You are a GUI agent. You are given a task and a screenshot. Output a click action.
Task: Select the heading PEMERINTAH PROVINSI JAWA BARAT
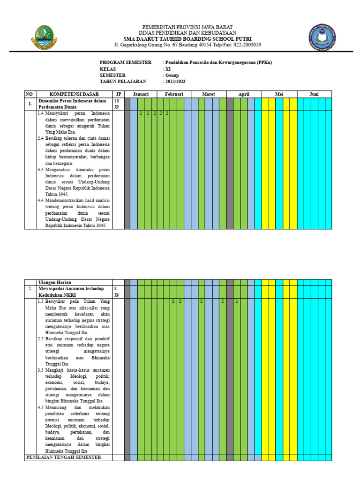coord(187,27)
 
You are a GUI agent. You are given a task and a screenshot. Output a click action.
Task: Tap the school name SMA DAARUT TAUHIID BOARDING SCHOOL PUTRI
coord(187,39)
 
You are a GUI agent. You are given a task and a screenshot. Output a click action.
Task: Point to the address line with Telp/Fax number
coord(187,45)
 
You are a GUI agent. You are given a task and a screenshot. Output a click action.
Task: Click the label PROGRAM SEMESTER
coord(126,62)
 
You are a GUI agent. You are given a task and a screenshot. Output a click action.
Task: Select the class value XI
coord(168,69)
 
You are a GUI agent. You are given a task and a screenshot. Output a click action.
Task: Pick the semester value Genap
coord(171,75)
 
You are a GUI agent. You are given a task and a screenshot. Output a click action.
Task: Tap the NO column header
coord(30,94)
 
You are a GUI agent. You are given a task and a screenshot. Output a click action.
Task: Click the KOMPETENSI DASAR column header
coord(74,94)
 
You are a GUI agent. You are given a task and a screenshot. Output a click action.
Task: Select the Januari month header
coord(141,94)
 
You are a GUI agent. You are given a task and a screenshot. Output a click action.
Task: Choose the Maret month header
coord(208,94)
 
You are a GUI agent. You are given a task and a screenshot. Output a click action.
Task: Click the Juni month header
coord(314,94)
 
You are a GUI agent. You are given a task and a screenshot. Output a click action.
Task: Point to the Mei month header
coord(279,94)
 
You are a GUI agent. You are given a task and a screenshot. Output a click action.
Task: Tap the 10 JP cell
coord(117,104)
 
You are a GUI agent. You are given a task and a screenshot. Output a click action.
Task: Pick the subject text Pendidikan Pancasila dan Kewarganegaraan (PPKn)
coord(218,62)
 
